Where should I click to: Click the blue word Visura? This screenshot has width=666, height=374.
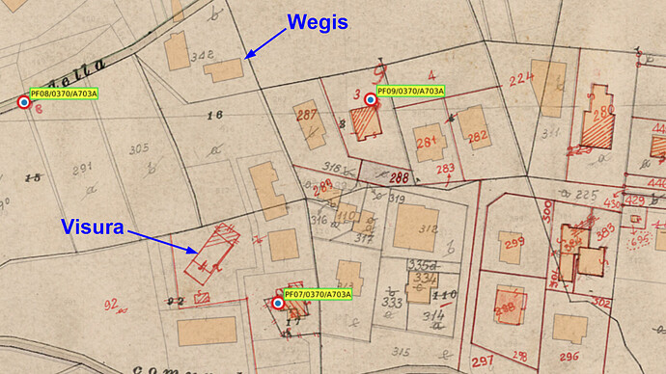tap(93, 228)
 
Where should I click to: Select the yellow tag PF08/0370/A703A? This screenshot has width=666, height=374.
tap(64, 93)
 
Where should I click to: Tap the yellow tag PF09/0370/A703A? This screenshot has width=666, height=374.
tap(410, 91)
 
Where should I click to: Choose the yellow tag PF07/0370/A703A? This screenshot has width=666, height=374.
tap(318, 294)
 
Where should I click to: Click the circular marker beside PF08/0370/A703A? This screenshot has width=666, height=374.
tap(24, 101)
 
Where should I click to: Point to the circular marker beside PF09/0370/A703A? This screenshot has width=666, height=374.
tap(370, 99)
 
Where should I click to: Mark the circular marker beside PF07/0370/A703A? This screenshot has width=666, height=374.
tap(278, 303)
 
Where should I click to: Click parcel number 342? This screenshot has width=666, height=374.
tap(202, 56)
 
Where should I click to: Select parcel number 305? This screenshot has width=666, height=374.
tap(138, 148)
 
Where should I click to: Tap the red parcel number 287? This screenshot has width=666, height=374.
tap(307, 117)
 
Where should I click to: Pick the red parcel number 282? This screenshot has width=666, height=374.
tap(477, 137)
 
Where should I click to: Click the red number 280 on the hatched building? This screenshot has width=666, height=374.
tap(604, 114)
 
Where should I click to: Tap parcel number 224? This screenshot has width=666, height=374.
tap(521, 79)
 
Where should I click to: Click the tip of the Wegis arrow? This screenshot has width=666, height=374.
tap(245, 60)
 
